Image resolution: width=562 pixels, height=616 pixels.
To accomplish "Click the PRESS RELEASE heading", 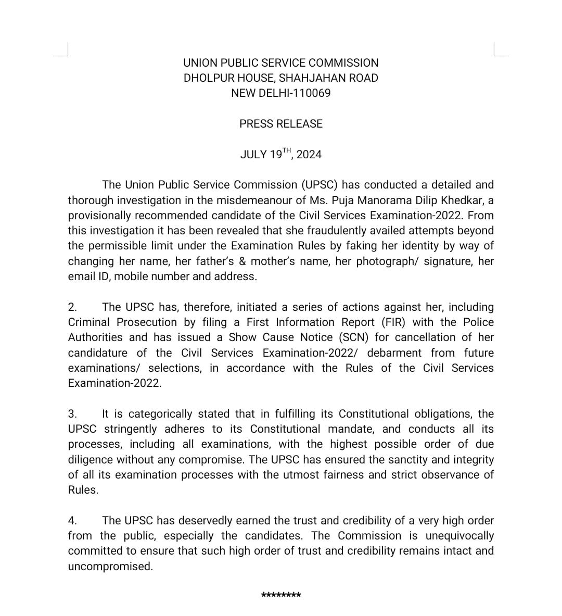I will click(x=281, y=124).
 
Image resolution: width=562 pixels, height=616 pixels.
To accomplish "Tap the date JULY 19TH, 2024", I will click(x=281, y=154).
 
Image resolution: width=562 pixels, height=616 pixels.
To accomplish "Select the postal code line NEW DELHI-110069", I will click(x=281, y=93).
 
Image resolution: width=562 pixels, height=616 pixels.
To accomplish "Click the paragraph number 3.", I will click(x=72, y=414).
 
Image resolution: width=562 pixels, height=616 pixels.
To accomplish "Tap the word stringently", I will click(x=131, y=429).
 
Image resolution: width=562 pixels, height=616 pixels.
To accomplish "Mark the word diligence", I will click(x=90, y=460).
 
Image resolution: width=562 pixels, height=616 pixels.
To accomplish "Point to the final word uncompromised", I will click(x=110, y=567).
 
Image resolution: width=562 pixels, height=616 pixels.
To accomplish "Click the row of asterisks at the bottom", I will click(x=281, y=595).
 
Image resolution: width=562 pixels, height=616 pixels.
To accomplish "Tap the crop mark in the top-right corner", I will click(x=500, y=49).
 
